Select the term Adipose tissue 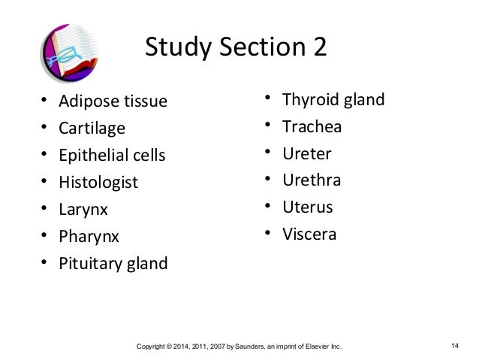click(113, 101)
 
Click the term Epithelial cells click(112, 155)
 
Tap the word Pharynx click(89, 237)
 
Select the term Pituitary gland click(113, 264)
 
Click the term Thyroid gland click(333, 99)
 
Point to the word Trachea click(312, 126)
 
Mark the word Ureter click(306, 153)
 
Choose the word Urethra click(312, 180)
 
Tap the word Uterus click(307, 207)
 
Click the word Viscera click(309, 234)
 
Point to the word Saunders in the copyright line click(227, 346)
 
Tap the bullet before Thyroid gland click(267, 99)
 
